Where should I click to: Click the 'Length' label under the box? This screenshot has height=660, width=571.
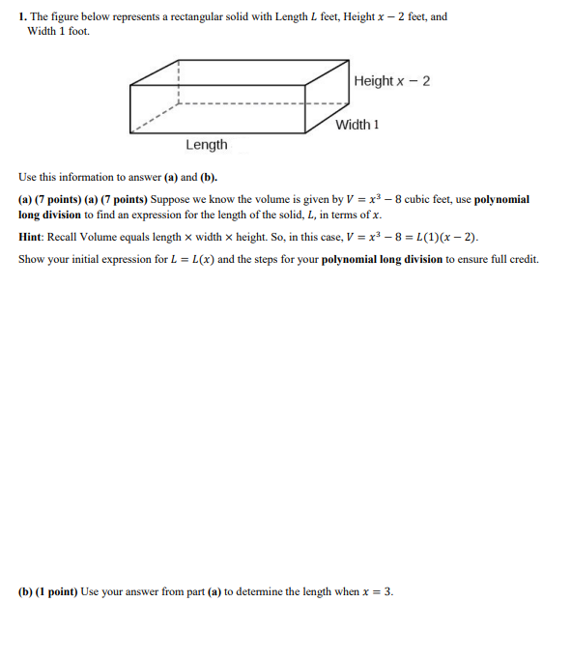click(207, 145)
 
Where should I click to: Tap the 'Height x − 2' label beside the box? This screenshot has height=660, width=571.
click(391, 81)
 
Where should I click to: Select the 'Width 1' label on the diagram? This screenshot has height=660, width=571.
click(357, 125)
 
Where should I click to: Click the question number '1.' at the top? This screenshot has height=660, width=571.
click(22, 17)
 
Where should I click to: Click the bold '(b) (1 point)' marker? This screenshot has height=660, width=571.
click(47, 591)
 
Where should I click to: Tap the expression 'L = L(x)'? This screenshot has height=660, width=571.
click(187, 259)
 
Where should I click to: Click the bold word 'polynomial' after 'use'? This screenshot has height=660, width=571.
click(501, 199)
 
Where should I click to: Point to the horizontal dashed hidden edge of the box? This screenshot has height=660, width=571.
click(261, 103)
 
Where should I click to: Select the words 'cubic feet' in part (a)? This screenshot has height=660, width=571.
click(429, 199)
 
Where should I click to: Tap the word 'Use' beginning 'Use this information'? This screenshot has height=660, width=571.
click(27, 178)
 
